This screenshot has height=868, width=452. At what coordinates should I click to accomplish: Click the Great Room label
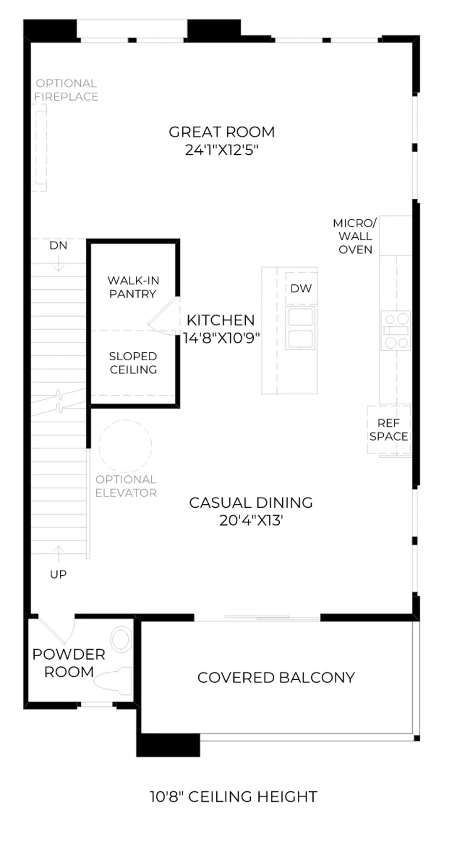coord(222,132)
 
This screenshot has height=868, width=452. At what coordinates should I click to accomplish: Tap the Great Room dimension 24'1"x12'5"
coord(222,150)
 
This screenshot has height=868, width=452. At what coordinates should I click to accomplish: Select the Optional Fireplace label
coord(66,90)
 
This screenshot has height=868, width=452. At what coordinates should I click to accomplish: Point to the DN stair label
coord(58,245)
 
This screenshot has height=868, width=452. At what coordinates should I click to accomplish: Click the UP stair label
coord(58,574)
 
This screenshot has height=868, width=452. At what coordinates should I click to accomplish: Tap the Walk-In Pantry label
coord(133,287)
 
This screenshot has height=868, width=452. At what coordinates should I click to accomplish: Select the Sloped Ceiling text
coord(133,363)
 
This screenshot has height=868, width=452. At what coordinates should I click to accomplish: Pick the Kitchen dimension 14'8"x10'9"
coord(221,338)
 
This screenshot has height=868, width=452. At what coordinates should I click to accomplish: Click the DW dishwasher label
coord(301,288)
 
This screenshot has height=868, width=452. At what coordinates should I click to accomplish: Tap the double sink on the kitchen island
coord(300,328)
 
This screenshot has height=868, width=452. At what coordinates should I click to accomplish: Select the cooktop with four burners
coord(396,330)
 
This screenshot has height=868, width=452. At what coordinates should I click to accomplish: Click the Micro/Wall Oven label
coord(355,236)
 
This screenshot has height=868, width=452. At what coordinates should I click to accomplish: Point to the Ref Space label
coord(388,430)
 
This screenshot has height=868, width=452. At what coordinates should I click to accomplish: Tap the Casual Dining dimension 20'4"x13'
coord(251,520)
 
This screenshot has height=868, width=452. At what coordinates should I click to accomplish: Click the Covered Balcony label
coord(276,677)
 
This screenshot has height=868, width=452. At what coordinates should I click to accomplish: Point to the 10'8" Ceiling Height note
coord(233,797)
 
